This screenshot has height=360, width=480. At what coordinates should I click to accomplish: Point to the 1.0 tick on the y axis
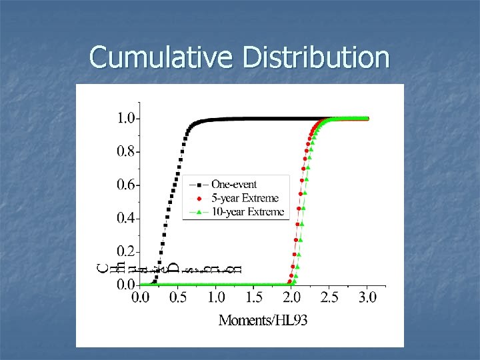127,119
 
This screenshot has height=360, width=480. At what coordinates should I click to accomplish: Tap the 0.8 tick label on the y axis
127,151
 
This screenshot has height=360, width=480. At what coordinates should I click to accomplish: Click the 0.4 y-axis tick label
127,218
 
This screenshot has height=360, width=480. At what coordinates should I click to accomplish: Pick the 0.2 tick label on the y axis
127,251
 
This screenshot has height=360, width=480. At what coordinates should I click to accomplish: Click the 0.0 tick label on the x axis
140,297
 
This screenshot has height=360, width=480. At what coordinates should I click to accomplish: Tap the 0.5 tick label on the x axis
178,297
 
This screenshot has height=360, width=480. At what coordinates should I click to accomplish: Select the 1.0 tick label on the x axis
215,297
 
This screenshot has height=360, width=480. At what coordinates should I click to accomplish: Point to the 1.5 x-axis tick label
253,297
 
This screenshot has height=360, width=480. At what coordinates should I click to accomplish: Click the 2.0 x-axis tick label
291,297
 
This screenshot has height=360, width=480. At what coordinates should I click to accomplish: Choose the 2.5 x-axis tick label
329,297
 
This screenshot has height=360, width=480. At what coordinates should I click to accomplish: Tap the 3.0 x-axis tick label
367,297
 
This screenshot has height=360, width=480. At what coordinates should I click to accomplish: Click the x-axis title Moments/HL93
263,321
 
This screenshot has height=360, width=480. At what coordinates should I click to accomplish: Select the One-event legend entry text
234,184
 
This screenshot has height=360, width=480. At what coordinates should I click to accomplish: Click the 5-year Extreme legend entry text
245,198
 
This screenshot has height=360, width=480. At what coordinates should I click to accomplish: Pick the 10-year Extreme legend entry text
247,212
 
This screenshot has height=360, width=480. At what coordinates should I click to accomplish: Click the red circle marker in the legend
198,198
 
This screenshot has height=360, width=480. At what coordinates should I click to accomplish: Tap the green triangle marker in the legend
198,212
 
